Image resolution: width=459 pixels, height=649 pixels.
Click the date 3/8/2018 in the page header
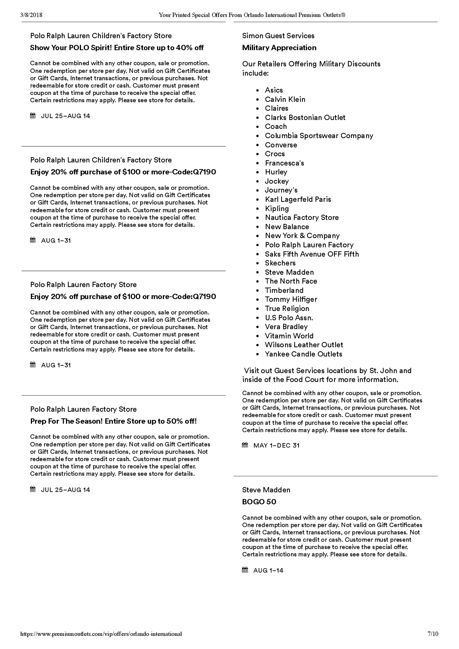click(31, 15)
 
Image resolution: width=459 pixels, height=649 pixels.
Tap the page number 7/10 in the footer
click(433, 634)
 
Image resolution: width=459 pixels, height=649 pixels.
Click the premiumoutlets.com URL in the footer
click(101, 634)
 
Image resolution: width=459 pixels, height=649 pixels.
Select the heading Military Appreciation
click(279, 48)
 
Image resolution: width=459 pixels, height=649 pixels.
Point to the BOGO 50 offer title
click(259, 502)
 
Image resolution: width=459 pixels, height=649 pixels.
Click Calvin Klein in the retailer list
click(285, 100)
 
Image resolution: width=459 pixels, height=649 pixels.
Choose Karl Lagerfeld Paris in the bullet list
click(298, 199)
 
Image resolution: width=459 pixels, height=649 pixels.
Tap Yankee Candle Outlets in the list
click(303, 354)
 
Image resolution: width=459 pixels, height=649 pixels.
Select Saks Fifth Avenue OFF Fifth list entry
click(312, 254)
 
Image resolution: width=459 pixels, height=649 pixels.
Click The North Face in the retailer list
click(291, 281)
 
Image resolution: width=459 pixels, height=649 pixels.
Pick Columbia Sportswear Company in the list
click(319, 136)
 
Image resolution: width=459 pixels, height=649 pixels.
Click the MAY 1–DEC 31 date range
click(276, 446)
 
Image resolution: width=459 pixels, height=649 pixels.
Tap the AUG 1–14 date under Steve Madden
click(268, 571)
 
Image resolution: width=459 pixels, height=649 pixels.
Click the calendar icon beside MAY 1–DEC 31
click(245, 445)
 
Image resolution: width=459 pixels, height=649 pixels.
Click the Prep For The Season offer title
click(113, 421)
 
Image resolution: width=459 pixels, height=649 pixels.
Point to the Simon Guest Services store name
click(278, 36)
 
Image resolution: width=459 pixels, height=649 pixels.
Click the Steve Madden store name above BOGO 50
click(266, 490)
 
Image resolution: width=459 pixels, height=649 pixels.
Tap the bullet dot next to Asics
click(257, 91)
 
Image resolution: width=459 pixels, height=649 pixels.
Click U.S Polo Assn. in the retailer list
click(289, 318)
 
